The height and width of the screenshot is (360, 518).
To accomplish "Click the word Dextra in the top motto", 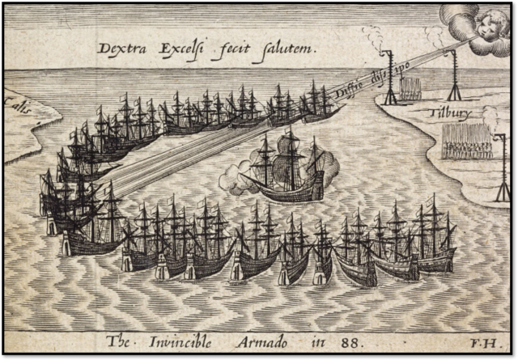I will click(120, 48).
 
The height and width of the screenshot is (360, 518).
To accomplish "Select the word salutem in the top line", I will click(289, 48).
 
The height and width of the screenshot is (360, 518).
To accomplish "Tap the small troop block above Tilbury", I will click(412, 88).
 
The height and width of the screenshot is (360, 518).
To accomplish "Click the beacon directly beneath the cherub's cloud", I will click(454, 73).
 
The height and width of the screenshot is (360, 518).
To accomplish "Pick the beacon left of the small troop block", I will click(389, 77).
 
